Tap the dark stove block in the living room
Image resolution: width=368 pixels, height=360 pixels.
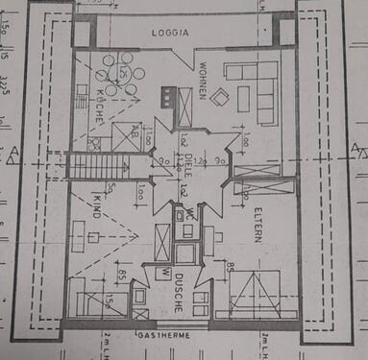tap(168, 97)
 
